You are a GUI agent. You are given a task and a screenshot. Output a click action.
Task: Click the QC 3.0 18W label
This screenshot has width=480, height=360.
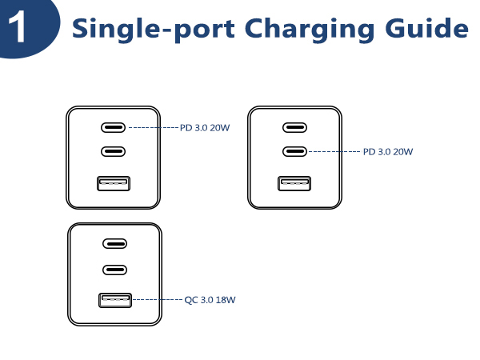(210, 301)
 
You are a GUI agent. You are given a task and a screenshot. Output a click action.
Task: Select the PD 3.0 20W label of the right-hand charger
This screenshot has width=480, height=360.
(388, 151)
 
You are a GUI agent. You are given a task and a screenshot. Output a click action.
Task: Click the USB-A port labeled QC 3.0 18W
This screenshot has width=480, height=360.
(114, 301)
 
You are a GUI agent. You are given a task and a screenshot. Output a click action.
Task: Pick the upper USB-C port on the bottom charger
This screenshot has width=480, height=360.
(114, 245)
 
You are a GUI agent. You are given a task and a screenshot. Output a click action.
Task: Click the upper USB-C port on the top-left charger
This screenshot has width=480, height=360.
(114, 127)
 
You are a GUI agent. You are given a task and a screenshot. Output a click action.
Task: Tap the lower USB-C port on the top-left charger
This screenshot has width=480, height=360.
(114, 151)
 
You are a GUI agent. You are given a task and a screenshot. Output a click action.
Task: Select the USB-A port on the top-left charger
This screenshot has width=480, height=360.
(114, 183)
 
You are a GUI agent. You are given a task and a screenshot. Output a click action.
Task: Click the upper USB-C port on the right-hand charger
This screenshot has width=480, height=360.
(294, 127)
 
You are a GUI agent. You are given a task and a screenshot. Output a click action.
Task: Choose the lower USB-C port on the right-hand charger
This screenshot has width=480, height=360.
(294, 151)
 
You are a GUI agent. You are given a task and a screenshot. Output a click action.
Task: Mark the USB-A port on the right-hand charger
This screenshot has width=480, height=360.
(294, 183)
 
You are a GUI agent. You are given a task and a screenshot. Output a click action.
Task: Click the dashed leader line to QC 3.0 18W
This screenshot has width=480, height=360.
(157, 300)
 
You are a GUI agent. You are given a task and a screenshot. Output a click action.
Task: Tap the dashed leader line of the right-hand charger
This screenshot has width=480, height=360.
(334, 151)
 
